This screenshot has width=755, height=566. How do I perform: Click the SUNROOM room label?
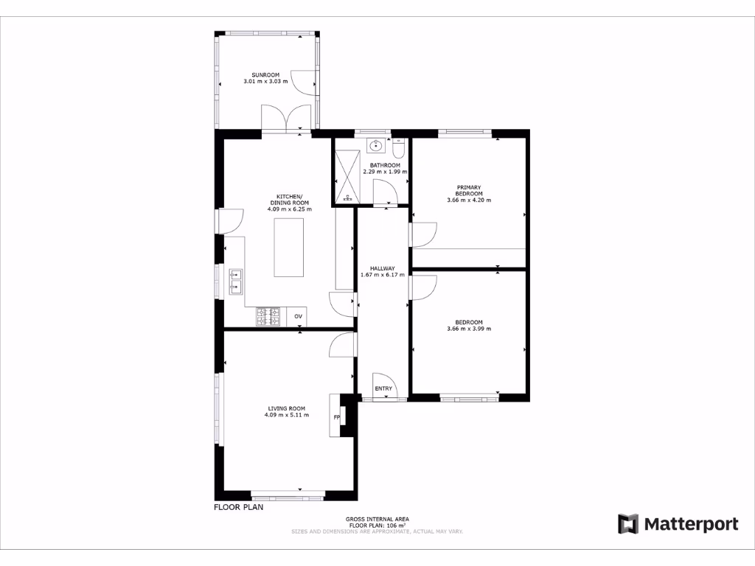click(x=265, y=74)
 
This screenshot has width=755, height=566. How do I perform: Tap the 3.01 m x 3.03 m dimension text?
click(x=265, y=81)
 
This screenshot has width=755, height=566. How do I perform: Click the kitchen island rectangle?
click(x=289, y=247)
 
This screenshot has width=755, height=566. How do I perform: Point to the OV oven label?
click(x=298, y=316)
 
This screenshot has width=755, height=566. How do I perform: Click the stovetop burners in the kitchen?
click(x=268, y=316)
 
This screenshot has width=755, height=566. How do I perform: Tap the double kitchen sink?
click(x=236, y=282)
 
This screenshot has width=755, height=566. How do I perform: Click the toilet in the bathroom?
click(x=399, y=150)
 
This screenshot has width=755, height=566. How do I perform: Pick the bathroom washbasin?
click(x=376, y=144)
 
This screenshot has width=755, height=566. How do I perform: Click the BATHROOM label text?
click(x=385, y=165)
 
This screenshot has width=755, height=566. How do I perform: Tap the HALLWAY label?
click(x=383, y=268)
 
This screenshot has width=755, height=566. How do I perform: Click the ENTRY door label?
click(x=383, y=388)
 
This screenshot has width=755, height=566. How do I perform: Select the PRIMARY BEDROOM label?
click(x=469, y=190)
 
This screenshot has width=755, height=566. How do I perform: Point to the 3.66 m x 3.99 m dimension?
click(x=469, y=329)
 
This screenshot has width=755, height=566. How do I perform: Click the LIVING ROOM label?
click(x=286, y=408)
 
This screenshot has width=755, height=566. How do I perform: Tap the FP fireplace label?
click(x=337, y=418)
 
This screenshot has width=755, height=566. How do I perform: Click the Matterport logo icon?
click(x=628, y=524)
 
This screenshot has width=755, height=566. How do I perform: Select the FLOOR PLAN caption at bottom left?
click(x=238, y=507)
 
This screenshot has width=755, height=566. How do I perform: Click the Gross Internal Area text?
click(x=377, y=519)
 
